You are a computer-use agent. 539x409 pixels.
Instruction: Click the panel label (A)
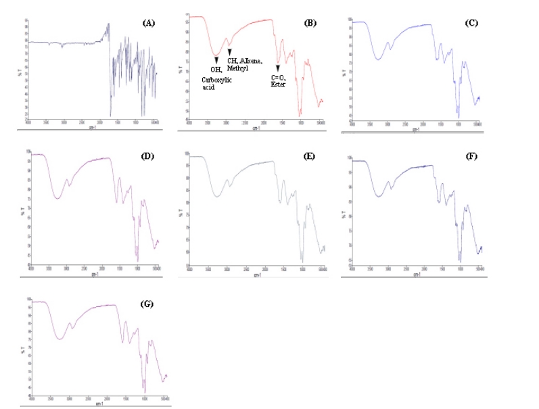pyautogui.click(x=149, y=22)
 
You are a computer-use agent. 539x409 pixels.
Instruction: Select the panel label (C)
pyautogui.click(x=471, y=23)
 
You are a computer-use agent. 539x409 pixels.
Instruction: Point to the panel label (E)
pyautogui.click(x=310, y=157)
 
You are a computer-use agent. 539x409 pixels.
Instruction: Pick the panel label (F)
pyautogui.click(x=471, y=157)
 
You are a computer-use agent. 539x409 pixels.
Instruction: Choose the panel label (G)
pyautogui.click(x=147, y=304)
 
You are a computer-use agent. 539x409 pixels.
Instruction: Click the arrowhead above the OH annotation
pyautogui.click(x=216, y=60)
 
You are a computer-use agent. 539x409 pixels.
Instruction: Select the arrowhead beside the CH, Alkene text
pyautogui.click(x=229, y=52)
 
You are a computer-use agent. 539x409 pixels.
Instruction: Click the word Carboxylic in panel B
pyautogui.click(x=218, y=80)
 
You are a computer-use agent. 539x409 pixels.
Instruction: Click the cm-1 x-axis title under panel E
pyautogui.click(x=257, y=275)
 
